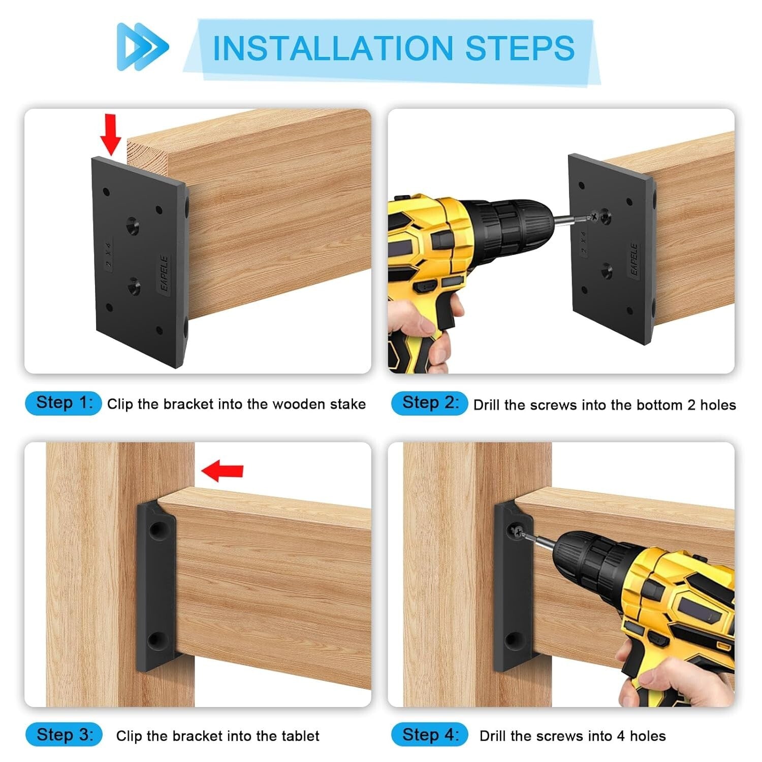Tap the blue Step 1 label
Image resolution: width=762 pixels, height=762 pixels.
63,403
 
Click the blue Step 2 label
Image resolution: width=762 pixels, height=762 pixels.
429,403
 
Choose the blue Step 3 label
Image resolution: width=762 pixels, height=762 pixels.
64,735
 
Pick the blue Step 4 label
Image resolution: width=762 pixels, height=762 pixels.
429,735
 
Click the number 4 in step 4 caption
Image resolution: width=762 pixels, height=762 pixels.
620,736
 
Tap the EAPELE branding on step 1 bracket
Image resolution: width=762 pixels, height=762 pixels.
164,273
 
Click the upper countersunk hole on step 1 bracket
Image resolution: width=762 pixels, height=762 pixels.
133,224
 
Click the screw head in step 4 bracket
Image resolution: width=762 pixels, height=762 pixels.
517,532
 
